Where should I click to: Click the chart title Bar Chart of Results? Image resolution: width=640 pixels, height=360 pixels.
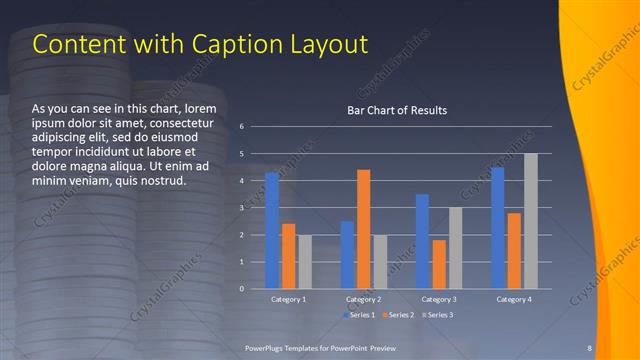click(x=397, y=110)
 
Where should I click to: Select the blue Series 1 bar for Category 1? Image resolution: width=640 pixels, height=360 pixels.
click(x=272, y=230)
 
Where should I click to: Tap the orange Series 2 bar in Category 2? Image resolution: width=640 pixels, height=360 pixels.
click(x=363, y=229)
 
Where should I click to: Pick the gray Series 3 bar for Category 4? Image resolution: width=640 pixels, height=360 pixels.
click(x=530, y=221)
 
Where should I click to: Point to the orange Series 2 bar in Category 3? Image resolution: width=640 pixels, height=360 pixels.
click(x=439, y=264)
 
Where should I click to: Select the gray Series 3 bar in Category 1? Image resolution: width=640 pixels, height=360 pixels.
click(x=305, y=262)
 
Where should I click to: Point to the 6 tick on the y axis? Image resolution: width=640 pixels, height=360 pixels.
click(x=242, y=127)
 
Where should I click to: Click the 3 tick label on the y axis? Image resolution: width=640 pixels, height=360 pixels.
click(x=242, y=208)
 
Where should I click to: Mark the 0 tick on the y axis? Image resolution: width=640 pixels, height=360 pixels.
click(x=242, y=289)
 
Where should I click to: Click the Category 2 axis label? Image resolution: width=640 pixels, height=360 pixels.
click(x=364, y=300)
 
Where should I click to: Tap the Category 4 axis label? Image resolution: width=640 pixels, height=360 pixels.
click(x=514, y=300)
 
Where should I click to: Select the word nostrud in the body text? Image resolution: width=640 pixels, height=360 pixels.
click(x=160, y=181)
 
